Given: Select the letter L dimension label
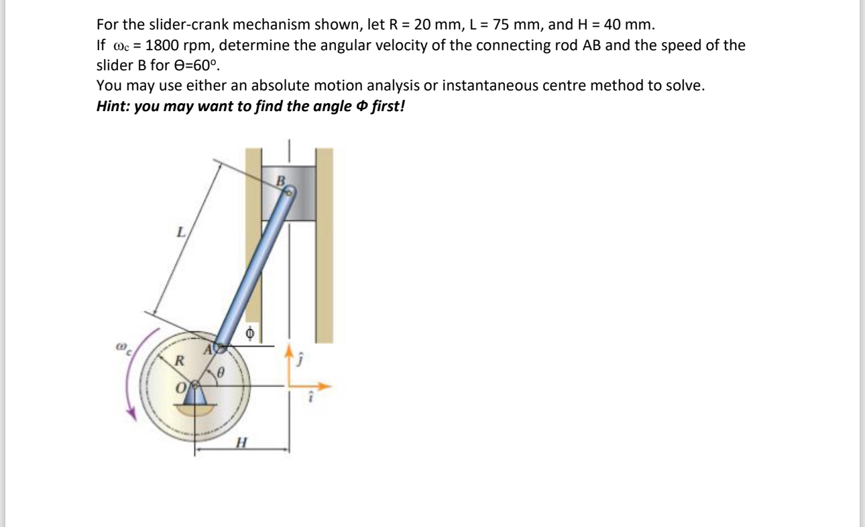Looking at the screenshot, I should pyautogui.click(x=180, y=234).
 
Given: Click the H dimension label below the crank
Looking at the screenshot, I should pyautogui.click(x=241, y=443).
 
